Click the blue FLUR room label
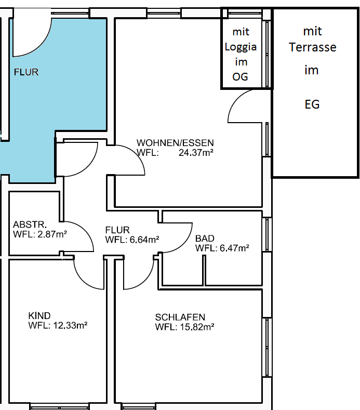point(26,73)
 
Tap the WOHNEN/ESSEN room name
point(175,142)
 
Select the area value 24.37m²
point(196,153)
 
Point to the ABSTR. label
point(30,225)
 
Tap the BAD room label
point(205,239)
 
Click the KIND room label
point(39,316)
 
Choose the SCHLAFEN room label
point(180,317)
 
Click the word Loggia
point(241,46)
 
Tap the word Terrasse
point(313,47)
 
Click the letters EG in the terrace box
point(312,104)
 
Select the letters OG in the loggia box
point(241,76)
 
